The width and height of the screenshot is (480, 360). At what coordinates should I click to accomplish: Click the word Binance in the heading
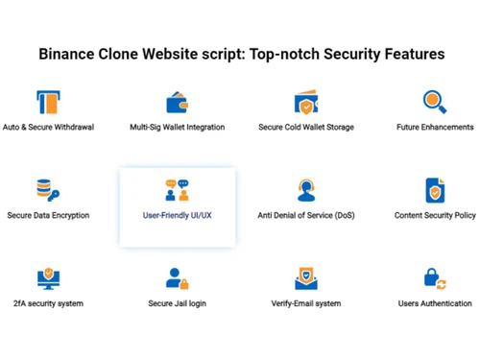[69, 54]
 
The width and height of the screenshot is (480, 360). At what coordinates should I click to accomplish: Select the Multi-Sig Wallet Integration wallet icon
[178, 103]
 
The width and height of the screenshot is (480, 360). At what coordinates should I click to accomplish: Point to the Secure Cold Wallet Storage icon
[306, 103]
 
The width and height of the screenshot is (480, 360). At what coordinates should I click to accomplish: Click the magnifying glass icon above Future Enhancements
[435, 102]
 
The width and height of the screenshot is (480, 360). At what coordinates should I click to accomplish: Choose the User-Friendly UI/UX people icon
[178, 189]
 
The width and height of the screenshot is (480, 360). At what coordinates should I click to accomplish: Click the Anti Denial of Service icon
[306, 189]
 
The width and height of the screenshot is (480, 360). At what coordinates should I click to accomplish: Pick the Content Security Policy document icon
[435, 189]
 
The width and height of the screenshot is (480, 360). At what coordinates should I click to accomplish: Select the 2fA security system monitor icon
[48, 278]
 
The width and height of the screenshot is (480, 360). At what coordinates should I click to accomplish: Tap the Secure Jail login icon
[178, 278]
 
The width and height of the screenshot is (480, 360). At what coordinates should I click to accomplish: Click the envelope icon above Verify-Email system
[306, 278]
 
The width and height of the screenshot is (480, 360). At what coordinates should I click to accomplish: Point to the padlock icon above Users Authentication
[435, 278]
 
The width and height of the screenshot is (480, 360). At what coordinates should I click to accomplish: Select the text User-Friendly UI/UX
[178, 216]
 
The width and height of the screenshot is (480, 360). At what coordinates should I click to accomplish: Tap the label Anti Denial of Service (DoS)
[306, 216]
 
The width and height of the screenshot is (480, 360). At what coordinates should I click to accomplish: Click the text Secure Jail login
[178, 304]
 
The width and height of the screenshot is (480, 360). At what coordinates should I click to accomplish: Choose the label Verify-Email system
[306, 304]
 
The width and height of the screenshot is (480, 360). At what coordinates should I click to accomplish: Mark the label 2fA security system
[48, 304]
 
